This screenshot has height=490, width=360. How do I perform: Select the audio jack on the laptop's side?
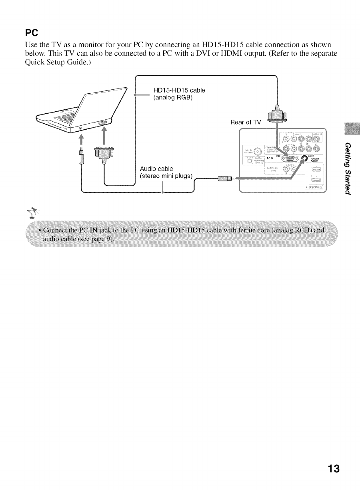tap(81, 128)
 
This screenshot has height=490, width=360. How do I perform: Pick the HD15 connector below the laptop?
tap(104, 154)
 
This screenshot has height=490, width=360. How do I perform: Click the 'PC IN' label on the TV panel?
tap(276, 158)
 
